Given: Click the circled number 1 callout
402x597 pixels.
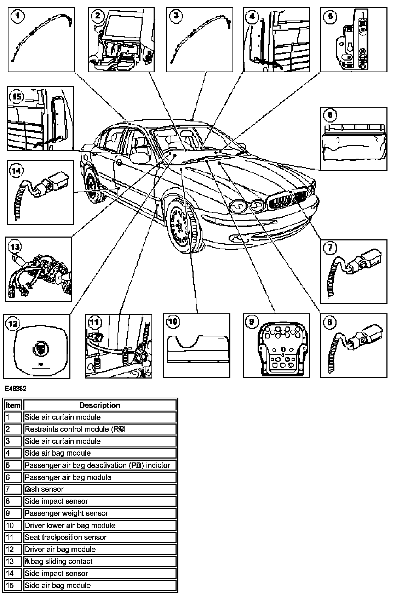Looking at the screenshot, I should pyautogui.click(x=18, y=16).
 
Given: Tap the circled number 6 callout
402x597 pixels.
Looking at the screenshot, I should pyautogui.click(x=330, y=115).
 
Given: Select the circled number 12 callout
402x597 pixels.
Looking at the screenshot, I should pyautogui.click(x=13, y=324).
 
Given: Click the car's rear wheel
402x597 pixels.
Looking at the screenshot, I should pyautogui.click(x=93, y=186).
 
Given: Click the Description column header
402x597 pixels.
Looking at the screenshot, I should pyautogui.click(x=100, y=405).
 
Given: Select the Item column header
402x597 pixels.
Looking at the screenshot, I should pyautogui.click(x=13, y=405).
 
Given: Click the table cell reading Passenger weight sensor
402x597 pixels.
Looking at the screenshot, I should pyautogui.click(x=100, y=513).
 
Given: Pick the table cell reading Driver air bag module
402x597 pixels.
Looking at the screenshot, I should pyautogui.click(x=100, y=549).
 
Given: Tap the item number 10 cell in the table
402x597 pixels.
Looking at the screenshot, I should pyautogui.click(x=13, y=525).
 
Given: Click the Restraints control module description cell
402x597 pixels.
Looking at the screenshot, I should pyautogui.click(x=100, y=429).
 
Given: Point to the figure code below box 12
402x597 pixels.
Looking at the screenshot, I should pyautogui.click(x=16, y=388).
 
